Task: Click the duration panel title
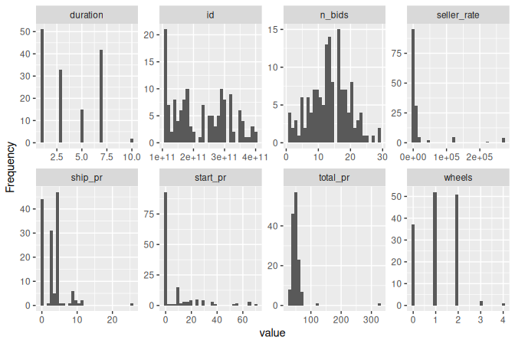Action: click(86, 15)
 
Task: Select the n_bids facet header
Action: click(333, 15)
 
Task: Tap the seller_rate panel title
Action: click(457, 15)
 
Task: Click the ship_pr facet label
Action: click(86, 177)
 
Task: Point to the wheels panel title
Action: click(457, 177)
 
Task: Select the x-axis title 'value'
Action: click(272, 333)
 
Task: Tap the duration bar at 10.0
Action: click(131, 141)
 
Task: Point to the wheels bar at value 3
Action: click(481, 303)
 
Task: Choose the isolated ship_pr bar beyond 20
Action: click(131, 304)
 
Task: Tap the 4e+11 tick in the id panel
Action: click(254, 157)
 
